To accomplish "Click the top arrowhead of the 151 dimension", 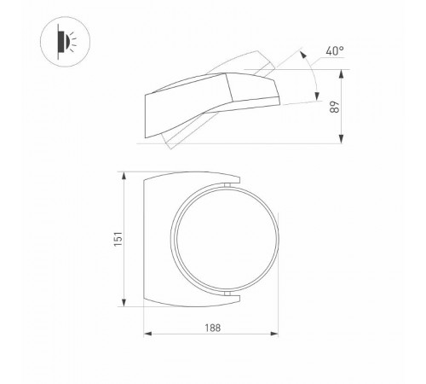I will (x=125, y=176).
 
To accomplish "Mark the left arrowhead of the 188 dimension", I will (x=146, y=333).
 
